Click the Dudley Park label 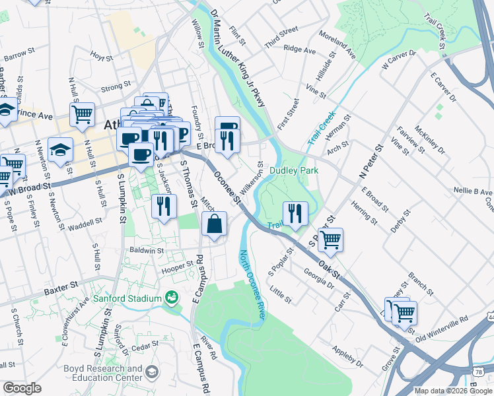coord(294,171)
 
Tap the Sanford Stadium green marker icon coord(172,298)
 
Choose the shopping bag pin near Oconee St coord(215,225)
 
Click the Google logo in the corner coord(22,388)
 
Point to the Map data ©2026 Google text coord(453,391)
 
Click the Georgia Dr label coord(318,275)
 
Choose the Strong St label coord(116,86)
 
